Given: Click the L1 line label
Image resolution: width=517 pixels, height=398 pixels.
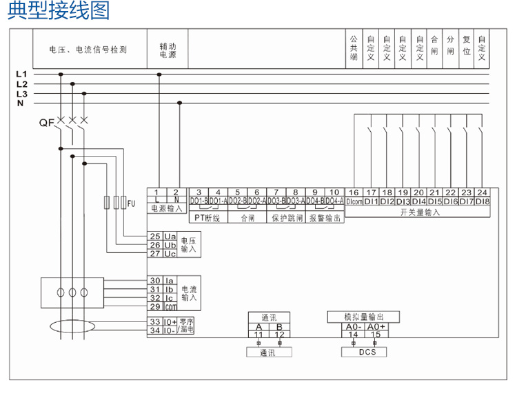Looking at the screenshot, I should tap(21, 74).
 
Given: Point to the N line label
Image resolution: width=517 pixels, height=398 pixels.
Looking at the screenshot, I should tap(20, 103).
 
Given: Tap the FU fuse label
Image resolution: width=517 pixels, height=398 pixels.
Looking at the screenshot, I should tap(132, 203).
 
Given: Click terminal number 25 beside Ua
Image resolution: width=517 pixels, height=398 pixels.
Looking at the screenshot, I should tap(155, 236).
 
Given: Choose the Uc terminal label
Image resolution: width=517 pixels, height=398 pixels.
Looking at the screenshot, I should tap(170, 254).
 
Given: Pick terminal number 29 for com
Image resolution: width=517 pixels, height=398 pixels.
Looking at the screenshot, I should tap(155, 306).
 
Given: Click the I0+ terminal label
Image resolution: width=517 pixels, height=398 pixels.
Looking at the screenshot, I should tap(170, 321).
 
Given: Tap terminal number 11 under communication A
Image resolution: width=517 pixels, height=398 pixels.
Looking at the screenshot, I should tap(258, 335).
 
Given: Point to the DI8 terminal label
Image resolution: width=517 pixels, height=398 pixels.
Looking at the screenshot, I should tap(482, 201).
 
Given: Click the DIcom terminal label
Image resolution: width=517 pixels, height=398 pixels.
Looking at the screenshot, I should tap(354, 201).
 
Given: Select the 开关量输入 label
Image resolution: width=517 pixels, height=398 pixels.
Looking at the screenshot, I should tap(419, 212).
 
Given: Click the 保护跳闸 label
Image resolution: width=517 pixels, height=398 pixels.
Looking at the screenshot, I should tap(285, 218).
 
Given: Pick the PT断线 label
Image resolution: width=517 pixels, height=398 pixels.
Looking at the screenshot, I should tap(207, 218).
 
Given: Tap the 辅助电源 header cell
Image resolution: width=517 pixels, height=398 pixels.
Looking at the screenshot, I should tap(168, 50).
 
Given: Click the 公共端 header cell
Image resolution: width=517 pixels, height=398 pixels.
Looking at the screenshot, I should tap(354, 50).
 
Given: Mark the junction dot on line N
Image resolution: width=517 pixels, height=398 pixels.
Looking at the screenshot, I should tap(180, 103).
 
